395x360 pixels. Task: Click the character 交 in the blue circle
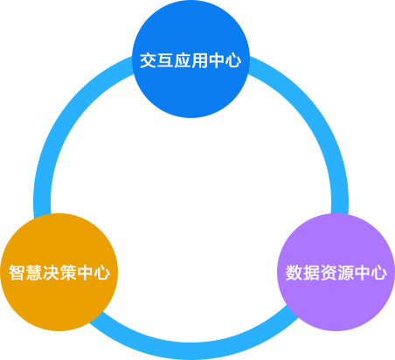pyautogui.click(x=149, y=60)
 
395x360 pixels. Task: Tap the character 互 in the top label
pyautogui.click(x=165, y=60)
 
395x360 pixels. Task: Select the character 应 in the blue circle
pyautogui.click(x=183, y=60)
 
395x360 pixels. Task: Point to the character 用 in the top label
pyautogui.click(x=199, y=60)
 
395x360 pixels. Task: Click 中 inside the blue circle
pyautogui.click(x=216, y=60)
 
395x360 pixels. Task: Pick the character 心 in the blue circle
pyautogui.click(x=233, y=60)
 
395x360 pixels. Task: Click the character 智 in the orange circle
pyautogui.click(x=17, y=273)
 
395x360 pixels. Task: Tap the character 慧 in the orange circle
pyautogui.click(x=34, y=273)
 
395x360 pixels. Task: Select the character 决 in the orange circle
pyautogui.click(x=51, y=273)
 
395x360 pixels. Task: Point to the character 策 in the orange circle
pyautogui.click(x=68, y=273)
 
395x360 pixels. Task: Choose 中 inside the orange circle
pyautogui.click(x=85, y=273)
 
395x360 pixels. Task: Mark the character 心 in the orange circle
pyautogui.click(x=101, y=273)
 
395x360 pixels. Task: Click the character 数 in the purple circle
pyautogui.click(x=294, y=273)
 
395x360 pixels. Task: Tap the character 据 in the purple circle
pyautogui.click(x=311, y=273)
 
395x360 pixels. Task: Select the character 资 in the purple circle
pyautogui.click(x=328, y=273)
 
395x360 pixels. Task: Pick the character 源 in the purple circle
pyautogui.click(x=345, y=273)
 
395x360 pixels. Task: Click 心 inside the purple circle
pyautogui.click(x=378, y=273)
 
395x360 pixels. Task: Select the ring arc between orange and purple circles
pyautogui.click(x=191, y=351)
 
